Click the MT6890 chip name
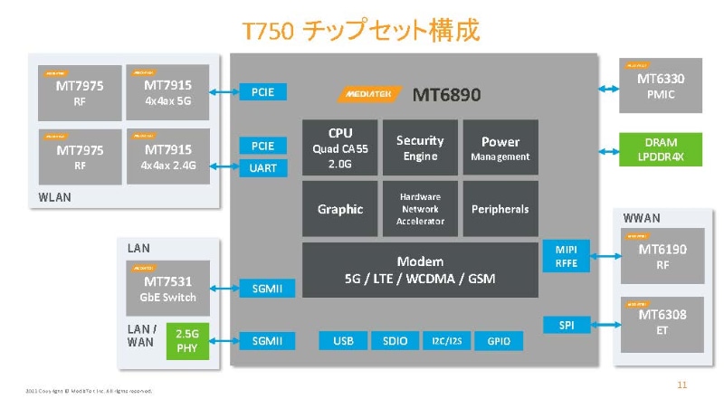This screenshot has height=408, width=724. (x=446, y=95)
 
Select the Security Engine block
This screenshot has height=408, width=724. (x=420, y=147)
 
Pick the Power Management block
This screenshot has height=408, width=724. (x=500, y=147)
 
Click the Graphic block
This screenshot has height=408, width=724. (x=339, y=209)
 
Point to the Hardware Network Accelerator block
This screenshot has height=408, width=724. (x=420, y=209)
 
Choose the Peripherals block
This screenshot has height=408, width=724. (x=500, y=209)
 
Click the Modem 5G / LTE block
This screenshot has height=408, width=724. (x=420, y=269)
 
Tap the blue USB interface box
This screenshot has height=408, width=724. (x=343, y=341)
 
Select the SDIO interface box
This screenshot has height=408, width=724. (x=395, y=341)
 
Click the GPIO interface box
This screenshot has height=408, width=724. (x=499, y=341)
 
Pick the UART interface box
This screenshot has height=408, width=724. (x=263, y=167)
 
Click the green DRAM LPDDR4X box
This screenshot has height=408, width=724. (x=661, y=150)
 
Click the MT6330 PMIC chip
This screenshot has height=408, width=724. (x=661, y=86)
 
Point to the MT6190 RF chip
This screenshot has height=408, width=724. (x=662, y=256)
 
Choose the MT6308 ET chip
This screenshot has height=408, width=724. (x=662, y=323)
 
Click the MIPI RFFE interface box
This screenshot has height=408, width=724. (x=567, y=255)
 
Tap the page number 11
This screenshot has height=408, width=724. (x=682, y=385)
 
